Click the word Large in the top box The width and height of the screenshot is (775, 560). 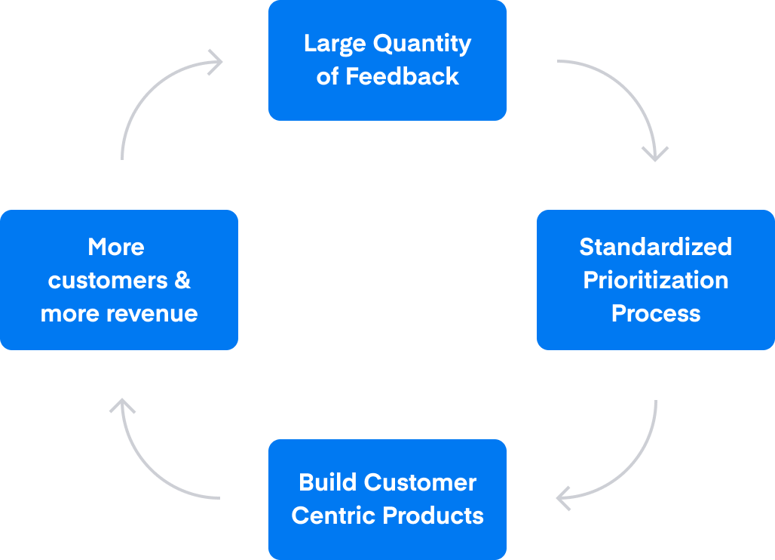click(x=335, y=44)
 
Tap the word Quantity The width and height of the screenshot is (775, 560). click(x=422, y=44)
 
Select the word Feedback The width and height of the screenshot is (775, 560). click(x=403, y=76)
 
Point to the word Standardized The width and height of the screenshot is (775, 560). click(x=655, y=247)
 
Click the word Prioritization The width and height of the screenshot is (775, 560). click(x=655, y=280)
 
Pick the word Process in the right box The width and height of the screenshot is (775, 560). click(x=656, y=313)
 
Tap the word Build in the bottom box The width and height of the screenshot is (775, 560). click(x=328, y=482)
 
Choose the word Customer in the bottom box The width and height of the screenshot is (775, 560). click(x=420, y=482)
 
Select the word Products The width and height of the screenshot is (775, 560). click(x=433, y=515)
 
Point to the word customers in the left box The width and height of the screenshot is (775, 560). click(x=108, y=281)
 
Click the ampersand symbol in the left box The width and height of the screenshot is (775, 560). click(x=182, y=280)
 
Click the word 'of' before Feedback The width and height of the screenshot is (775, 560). click(x=327, y=77)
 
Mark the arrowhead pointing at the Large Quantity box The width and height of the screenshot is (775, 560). click(x=216, y=63)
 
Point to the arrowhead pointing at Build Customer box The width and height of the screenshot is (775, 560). click(x=563, y=498)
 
